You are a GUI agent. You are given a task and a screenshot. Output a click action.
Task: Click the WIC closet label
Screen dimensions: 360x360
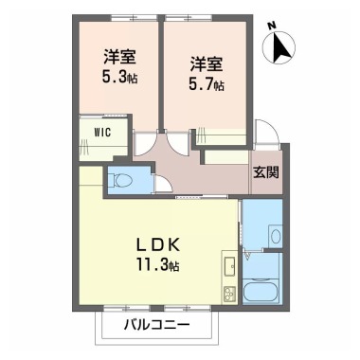(x=101, y=132)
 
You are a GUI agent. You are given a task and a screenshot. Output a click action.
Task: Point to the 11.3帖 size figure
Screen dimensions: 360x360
(x=154, y=264)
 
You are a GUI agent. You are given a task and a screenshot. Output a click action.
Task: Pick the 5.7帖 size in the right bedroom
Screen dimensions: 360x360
(x=207, y=84)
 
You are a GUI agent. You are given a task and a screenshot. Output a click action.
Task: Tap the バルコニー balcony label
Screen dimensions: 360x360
(x=156, y=325)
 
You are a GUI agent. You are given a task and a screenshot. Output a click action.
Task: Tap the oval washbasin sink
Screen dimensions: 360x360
(x=274, y=236)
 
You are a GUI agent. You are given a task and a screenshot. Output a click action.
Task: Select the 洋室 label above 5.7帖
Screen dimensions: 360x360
(x=206, y=64)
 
